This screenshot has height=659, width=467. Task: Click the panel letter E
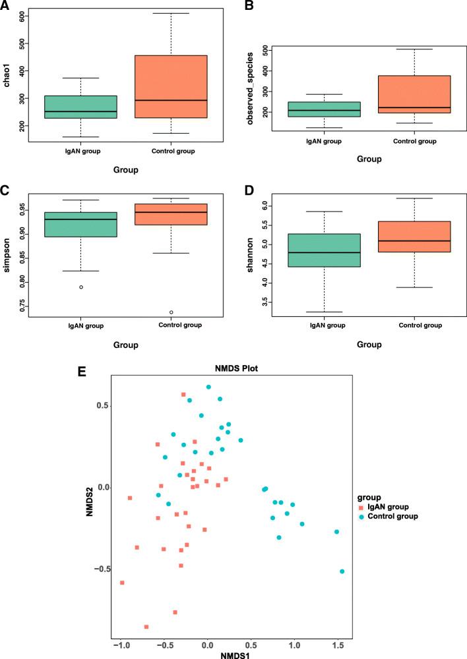coord(82,371)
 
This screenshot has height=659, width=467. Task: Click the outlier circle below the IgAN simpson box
coord(81,287)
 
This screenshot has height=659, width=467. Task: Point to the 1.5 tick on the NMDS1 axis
coord(338,643)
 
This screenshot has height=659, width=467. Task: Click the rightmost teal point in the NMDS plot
coord(342,571)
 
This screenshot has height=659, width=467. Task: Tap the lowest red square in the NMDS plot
coord(146,627)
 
